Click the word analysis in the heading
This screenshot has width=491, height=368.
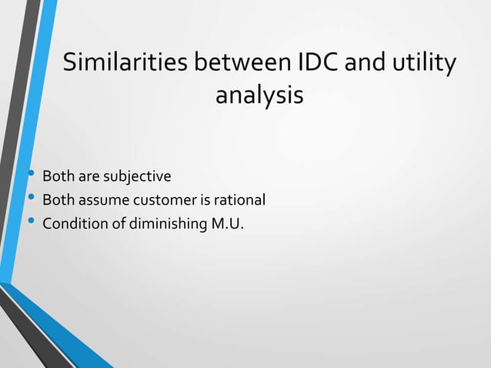[x=259, y=97]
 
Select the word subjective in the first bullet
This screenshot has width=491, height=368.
[x=139, y=179]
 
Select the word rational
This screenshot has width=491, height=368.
[x=239, y=201]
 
